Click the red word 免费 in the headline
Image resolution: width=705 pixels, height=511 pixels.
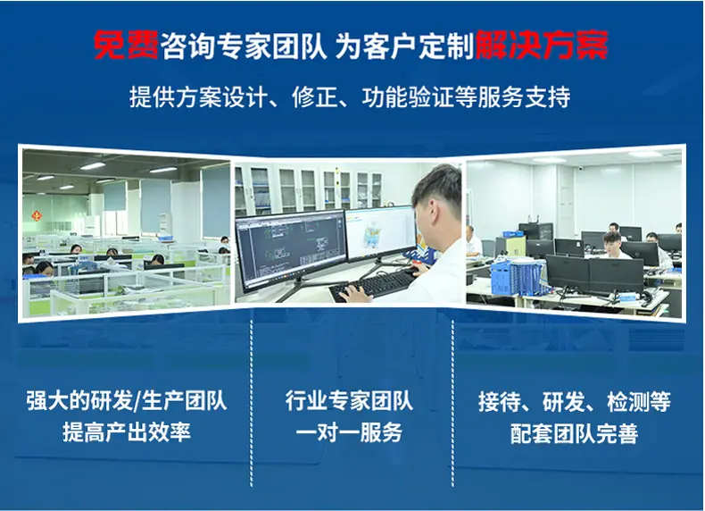[126, 46]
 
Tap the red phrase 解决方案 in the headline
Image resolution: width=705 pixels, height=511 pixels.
[543, 46]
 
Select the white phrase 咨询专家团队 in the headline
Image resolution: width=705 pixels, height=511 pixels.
[244, 46]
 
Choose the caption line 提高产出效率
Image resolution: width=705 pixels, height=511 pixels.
[127, 432]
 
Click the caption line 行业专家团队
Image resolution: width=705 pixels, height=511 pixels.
[349, 401]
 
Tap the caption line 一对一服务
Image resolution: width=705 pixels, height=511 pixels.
[349, 432]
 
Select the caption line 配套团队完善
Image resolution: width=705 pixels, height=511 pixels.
[574, 433]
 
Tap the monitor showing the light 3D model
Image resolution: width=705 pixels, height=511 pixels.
[380, 234]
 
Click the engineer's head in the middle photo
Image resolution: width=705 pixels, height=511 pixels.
[437, 194]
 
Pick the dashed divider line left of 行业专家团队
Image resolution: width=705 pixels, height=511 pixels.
[252, 404]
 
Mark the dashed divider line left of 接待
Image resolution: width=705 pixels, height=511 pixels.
[452, 404]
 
